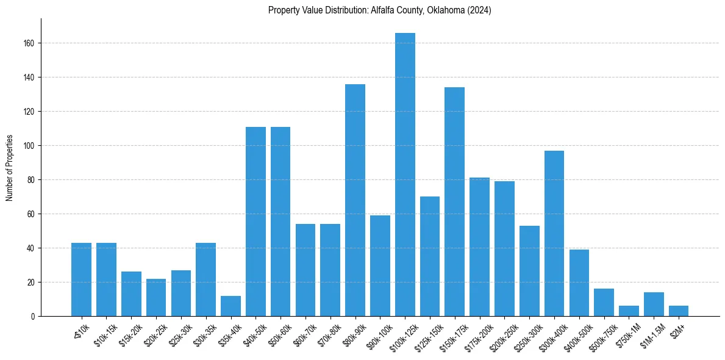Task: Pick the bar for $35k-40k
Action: point(230,306)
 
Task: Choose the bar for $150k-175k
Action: point(455,201)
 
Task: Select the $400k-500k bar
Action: point(579,283)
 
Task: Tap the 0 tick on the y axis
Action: point(37,317)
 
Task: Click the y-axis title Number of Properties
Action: point(9,168)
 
